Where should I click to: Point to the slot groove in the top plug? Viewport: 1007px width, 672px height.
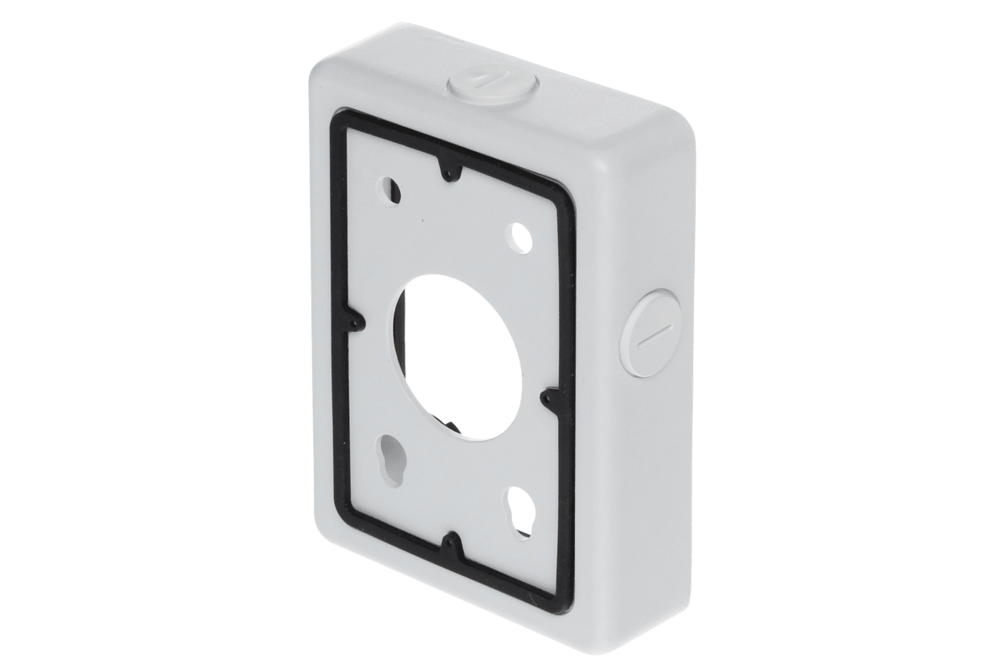pyautogui.click(x=476, y=81)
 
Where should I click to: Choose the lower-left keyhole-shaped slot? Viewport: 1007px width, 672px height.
pyautogui.click(x=389, y=459)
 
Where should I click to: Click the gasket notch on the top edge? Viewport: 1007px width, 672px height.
pyautogui.click(x=451, y=171)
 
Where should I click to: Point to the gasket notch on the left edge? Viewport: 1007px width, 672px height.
pyautogui.click(x=356, y=322)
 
